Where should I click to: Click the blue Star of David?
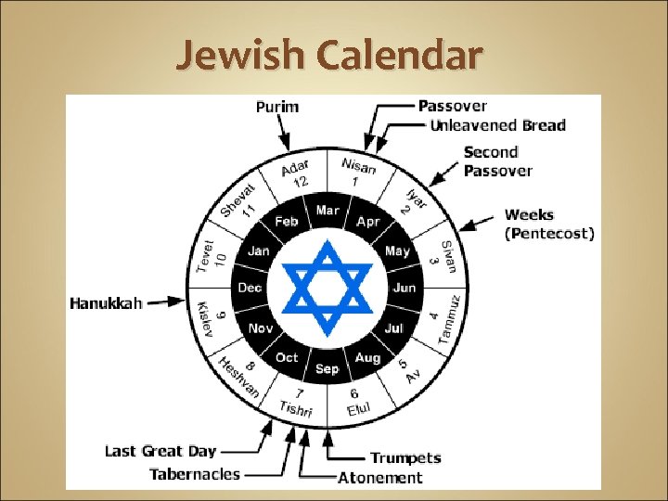[x=327, y=288]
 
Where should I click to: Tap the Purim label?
[x=277, y=107]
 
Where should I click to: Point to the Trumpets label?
[x=405, y=458]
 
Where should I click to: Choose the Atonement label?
[x=380, y=479]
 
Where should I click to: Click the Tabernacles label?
[x=195, y=474]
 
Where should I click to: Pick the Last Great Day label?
[x=161, y=452]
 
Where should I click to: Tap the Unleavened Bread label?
[x=498, y=125]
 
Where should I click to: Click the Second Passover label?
[x=498, y=161]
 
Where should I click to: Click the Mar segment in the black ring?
[x=328, y=212]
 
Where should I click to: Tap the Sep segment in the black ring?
[x=328, y=369]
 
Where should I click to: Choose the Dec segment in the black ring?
[x=250, y=289]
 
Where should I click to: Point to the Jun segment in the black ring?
[x=405, y=289]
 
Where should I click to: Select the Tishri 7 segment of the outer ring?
[x=298, y=402]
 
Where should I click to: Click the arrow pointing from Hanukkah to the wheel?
[x=166, y=302]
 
